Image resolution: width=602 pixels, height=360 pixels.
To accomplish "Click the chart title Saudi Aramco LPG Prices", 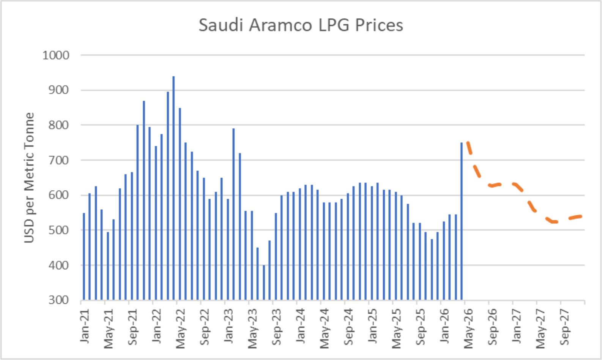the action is click(301, 25).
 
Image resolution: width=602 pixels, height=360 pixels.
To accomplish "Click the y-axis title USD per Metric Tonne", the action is click(29, 178).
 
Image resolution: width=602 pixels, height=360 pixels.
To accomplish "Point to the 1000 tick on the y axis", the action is click(56, 55).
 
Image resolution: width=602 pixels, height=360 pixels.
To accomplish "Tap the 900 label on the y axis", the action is click(58, 90).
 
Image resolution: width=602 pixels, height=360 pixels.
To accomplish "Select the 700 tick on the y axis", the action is click(58, 160).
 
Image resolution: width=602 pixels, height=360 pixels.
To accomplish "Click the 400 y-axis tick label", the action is click(58, 265).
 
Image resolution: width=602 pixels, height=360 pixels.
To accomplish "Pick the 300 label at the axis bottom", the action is click(58, 300).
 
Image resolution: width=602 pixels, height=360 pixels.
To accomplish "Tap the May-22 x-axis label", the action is click(180, 328).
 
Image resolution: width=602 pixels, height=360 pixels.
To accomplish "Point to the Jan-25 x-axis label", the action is click(372, 326).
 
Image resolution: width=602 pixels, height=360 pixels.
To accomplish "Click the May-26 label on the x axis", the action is click(468, 328).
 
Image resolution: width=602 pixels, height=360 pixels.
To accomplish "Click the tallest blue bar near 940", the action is click(173, 188).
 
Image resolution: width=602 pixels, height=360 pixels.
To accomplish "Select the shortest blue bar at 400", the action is click(264, 282).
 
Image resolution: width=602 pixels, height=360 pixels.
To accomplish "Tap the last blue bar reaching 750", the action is click(462, 221).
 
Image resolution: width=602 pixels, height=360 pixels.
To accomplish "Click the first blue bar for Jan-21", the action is click(84, 256).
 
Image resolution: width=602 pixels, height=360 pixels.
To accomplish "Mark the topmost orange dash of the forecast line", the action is click(469, 148).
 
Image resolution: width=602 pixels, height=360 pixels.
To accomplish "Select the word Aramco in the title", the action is click(280, 25).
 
